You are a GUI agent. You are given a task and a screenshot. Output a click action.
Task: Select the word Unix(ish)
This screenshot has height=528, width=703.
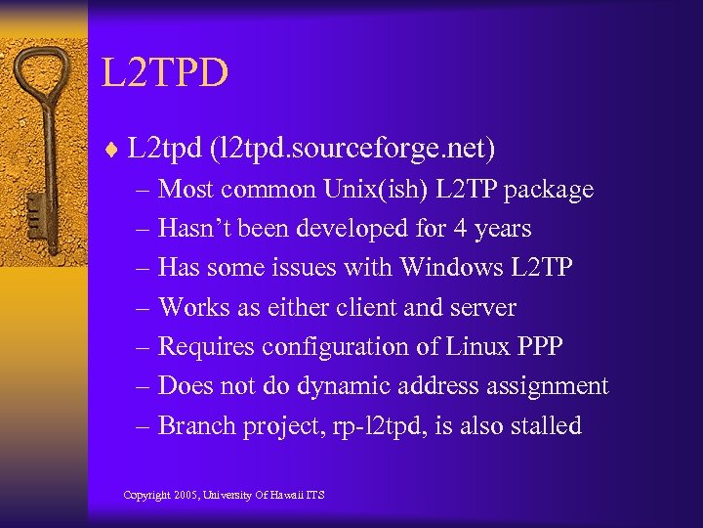(355, 189)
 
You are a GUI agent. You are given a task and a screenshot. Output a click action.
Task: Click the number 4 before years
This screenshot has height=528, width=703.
(459, 229)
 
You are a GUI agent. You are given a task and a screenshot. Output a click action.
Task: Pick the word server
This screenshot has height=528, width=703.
(481, 307)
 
